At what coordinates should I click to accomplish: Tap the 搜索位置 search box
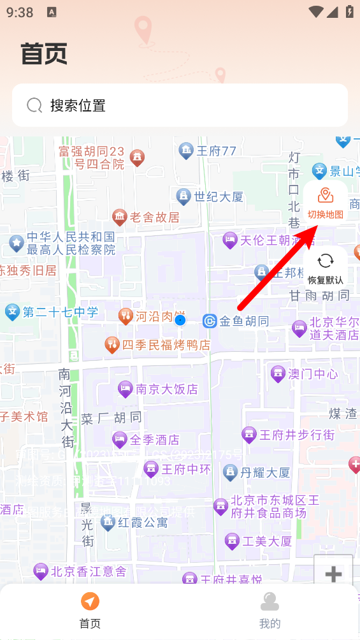click(180, 105)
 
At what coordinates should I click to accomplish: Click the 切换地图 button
click(325, 203)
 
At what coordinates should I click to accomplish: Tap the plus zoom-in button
click(333, 574)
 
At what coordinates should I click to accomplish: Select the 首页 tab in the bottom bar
click(90, 610)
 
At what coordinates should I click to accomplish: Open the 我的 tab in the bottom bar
click(270, 610)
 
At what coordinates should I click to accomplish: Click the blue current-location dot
click(180, 320)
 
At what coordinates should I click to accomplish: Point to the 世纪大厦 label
click(219, 196)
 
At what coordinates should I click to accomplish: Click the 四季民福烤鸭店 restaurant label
click(166, 345)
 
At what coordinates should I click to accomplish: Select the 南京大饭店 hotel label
click(166, 388)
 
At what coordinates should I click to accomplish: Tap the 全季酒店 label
click(154, 439)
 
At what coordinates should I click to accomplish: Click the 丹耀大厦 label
click(264, 472)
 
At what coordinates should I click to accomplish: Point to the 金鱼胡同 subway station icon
click(210, 321)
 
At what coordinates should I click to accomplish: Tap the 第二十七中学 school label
click(61, 312)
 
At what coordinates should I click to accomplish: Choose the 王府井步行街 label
click(296, 435)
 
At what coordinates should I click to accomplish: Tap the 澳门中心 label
click(312, 374)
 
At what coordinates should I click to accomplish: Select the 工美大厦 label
click(267, 541)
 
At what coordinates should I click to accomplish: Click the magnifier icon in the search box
click(34, 105)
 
